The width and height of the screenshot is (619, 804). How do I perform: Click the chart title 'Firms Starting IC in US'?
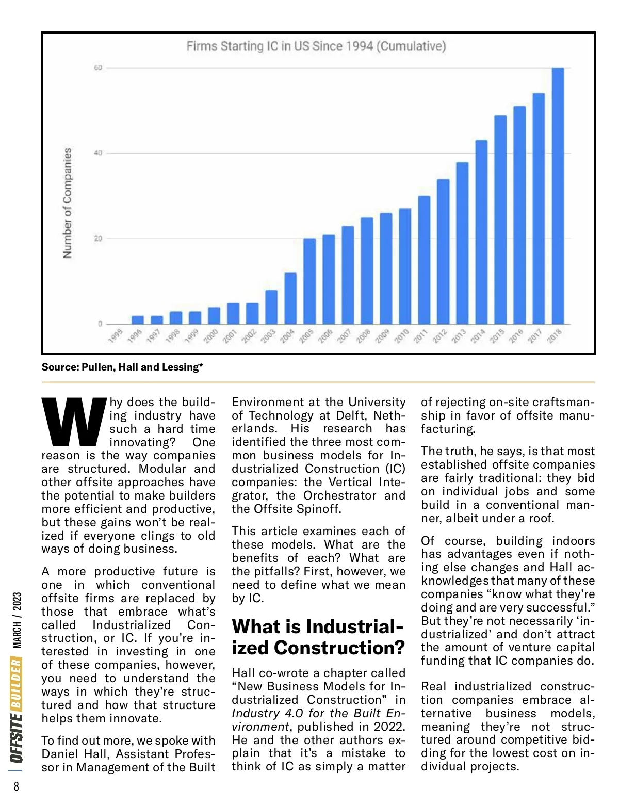pyautogui.click(x=316, y=46)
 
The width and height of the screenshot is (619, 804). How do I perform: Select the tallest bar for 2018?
pyautogui.click(x=558, y=196)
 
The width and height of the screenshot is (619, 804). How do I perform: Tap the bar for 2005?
pyautogui.click(x=309, y=281)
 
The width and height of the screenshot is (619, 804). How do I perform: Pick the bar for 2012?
pyautogui.click(x=443, y=251)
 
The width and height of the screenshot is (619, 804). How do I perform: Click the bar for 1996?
pyautogui.click(x=138, y=320)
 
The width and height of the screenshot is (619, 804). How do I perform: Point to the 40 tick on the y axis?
pyautogui.click(x=98, y=153)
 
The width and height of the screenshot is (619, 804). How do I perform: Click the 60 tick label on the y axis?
pyautogui.click(x=98, y=68)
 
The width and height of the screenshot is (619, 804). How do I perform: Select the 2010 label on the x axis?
pyautogui.click(x=401, y=335)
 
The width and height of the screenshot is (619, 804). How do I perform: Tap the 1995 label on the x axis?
pyautogui.click(x=116, y=335)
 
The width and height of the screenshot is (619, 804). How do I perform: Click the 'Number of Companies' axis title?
pyautogui.click(x=68, y=203)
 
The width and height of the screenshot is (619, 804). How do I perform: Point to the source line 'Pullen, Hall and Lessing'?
pyautogui.click(x=122, y=367)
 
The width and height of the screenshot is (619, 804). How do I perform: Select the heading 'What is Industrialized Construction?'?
pyautogui.click(x=318, y=637)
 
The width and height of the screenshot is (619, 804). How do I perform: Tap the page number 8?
pyautogui.click(x=17, y=786)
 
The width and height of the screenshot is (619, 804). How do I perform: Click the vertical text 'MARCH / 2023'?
pyautogui.click(x=17, y=620)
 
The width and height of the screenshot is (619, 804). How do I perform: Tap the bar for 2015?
pyautogui.click(x=500, y=219)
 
